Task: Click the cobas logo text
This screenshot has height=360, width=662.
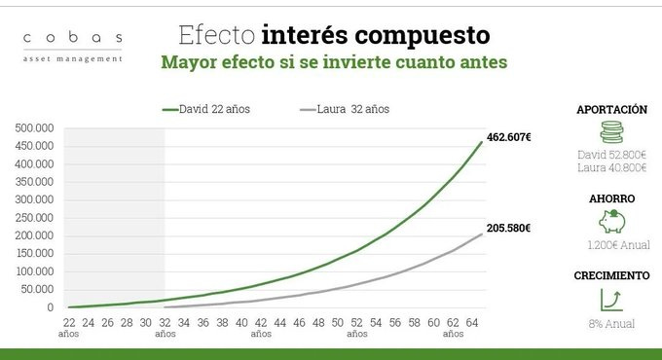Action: coord(73,38)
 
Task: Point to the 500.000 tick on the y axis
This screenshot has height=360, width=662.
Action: coord(33,127)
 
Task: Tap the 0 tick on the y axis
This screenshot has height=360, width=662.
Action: coord(50,307)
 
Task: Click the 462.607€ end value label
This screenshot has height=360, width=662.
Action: coord(509,137)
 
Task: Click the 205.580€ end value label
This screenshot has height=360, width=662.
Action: coord(509,229)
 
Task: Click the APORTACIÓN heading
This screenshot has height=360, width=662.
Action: coord(610,110)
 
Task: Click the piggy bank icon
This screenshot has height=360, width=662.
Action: coord(610,221)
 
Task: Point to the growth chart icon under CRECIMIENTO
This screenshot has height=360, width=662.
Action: coord(610,299)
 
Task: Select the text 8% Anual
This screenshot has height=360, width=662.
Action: coord(610,324)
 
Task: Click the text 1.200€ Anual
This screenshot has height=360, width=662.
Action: coord(610,245)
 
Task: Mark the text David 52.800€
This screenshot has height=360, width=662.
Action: coord(610,155)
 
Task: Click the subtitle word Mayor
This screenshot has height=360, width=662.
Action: coord(187,62)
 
